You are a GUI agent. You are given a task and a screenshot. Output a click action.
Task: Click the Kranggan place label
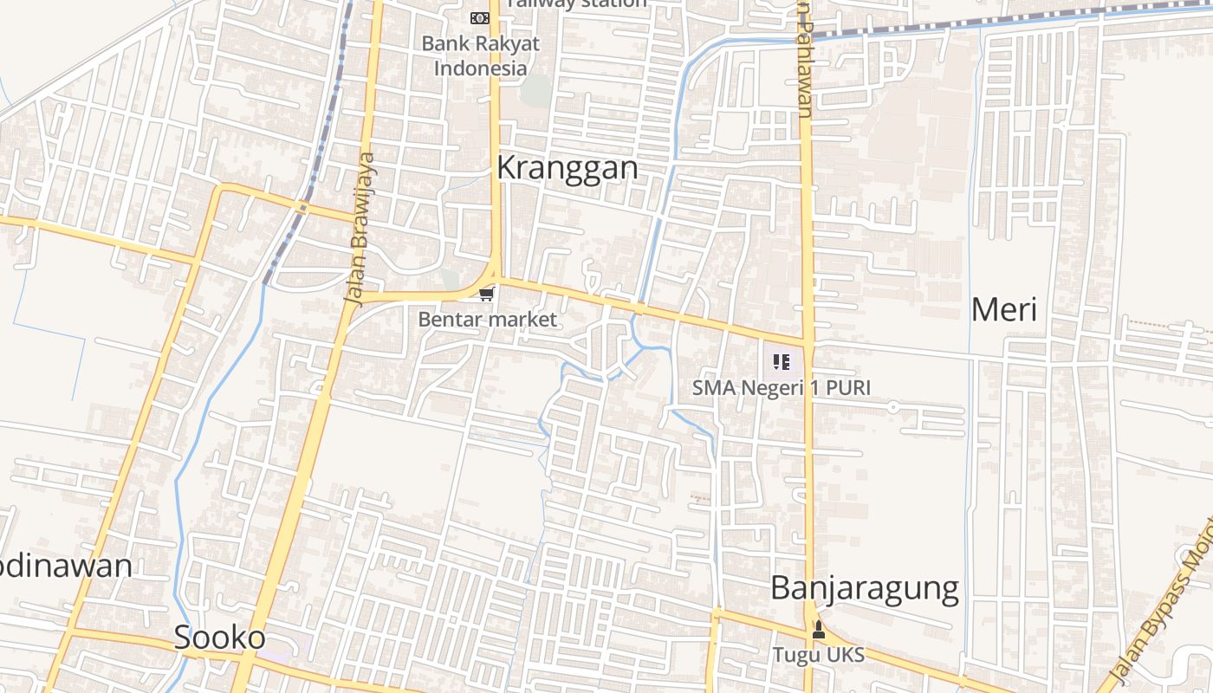[568, 168]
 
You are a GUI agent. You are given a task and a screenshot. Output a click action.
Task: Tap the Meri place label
[1003, 309]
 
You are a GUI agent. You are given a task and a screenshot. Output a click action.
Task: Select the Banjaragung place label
[865, 588]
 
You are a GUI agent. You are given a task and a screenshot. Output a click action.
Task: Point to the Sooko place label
[220, 638]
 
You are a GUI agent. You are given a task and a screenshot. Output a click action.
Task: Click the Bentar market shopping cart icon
[486, 295]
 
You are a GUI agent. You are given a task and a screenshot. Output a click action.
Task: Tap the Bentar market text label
[488, 320]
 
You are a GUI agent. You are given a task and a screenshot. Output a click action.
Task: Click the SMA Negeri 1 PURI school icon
[782, 362]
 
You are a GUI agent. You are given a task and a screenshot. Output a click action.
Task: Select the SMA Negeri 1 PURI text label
[782, 387]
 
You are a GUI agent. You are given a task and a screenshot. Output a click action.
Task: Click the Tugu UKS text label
[819, 655]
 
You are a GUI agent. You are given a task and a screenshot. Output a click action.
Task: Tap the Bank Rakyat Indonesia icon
[479, 18]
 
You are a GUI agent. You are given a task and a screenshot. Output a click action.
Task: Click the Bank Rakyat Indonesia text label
[481, 55]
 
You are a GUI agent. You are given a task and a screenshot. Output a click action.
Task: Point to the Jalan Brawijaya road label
[360, 229]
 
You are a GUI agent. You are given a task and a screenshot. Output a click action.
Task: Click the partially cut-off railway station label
[577, 3]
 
